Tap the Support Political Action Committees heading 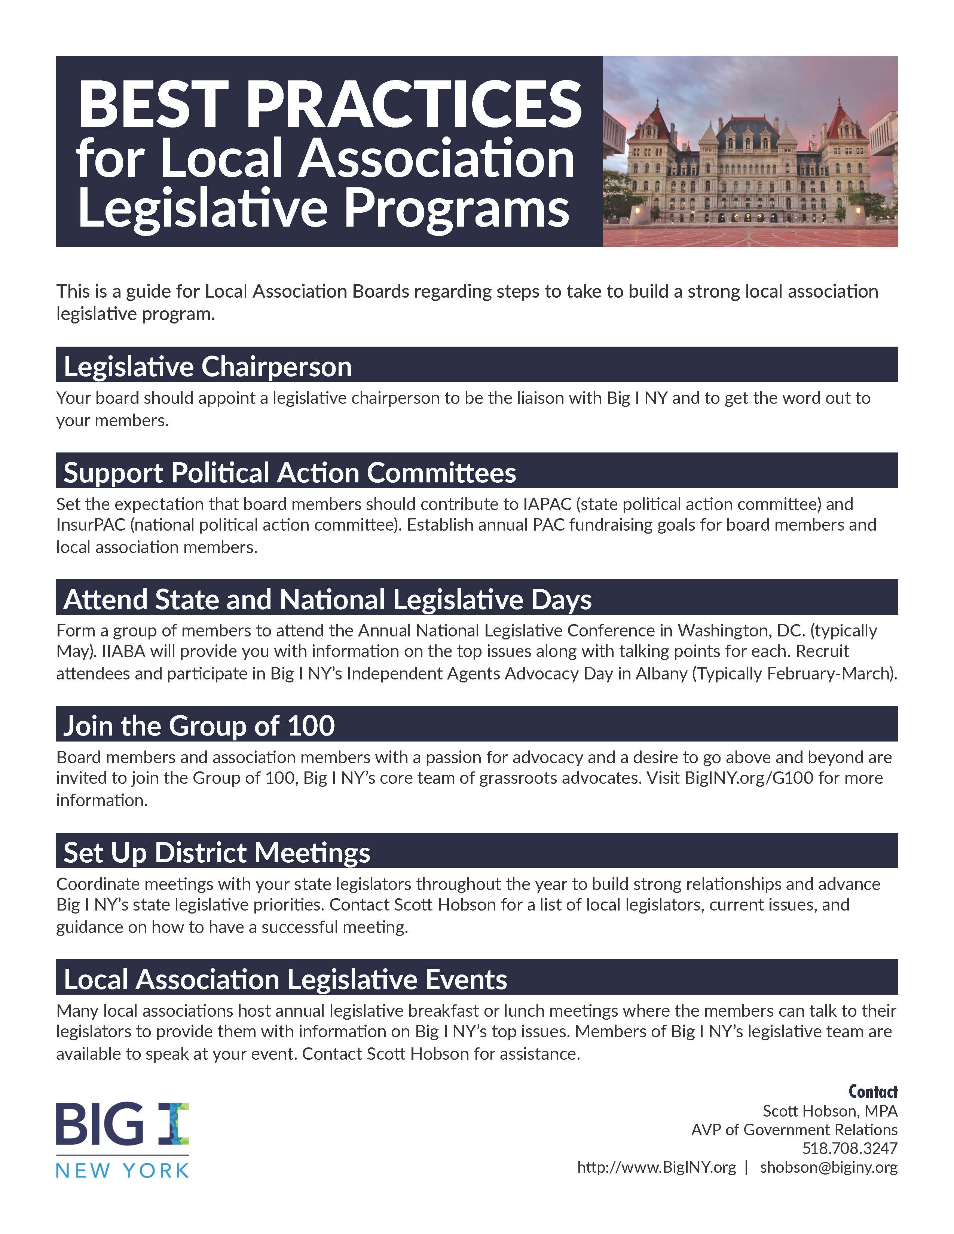click(x=289, y=472)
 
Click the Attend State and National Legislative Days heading click(x=327, y=599)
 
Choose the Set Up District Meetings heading click(x=217, y=853)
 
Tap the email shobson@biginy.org click(x=829, y=1167)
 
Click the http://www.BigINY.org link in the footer click(x=656, y=1167)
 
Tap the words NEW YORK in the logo click(x=122, y=1171)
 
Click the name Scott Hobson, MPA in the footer click(x=830, y=1111)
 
